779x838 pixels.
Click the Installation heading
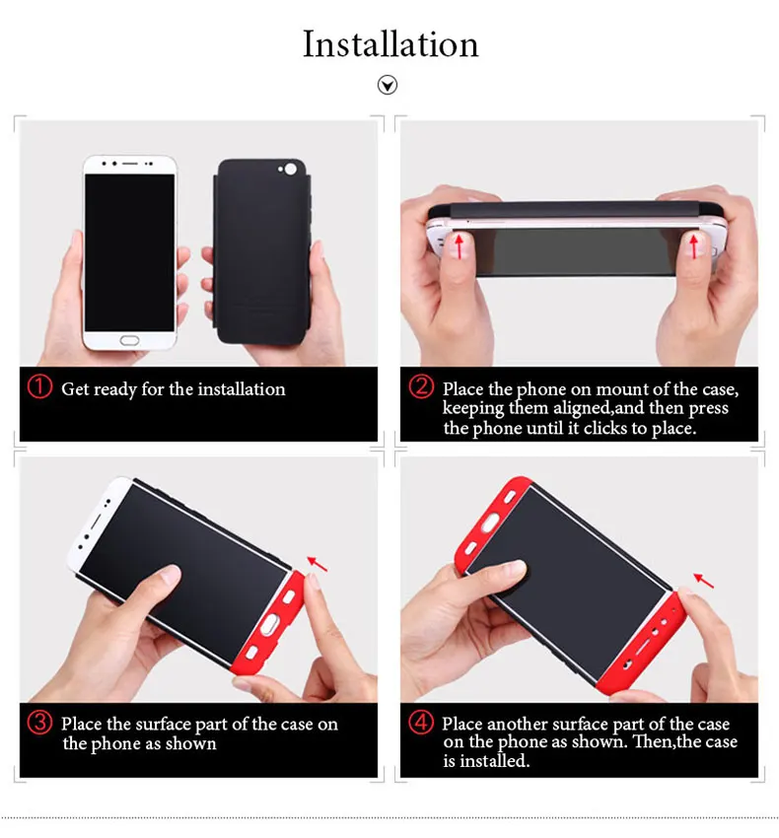(x=390, y=43)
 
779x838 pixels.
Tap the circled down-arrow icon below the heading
(x=388, y=85)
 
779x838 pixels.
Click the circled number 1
(x=39, y=386)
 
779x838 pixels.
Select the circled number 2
(x=421, y=386)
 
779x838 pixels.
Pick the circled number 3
(x=40, y=723)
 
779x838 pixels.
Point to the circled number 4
(x=421, y=723)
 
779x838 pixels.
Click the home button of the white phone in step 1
(x=129, y=340)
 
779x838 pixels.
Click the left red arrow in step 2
(x=459, y=246)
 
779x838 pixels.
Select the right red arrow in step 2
(x=693, y=246)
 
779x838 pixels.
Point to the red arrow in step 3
(x=318, y=563)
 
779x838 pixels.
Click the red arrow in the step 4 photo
(x=704, y=581)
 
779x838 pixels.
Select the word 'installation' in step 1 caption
(x=242, y=389)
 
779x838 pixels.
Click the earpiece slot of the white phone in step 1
(x=130, y=163)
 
